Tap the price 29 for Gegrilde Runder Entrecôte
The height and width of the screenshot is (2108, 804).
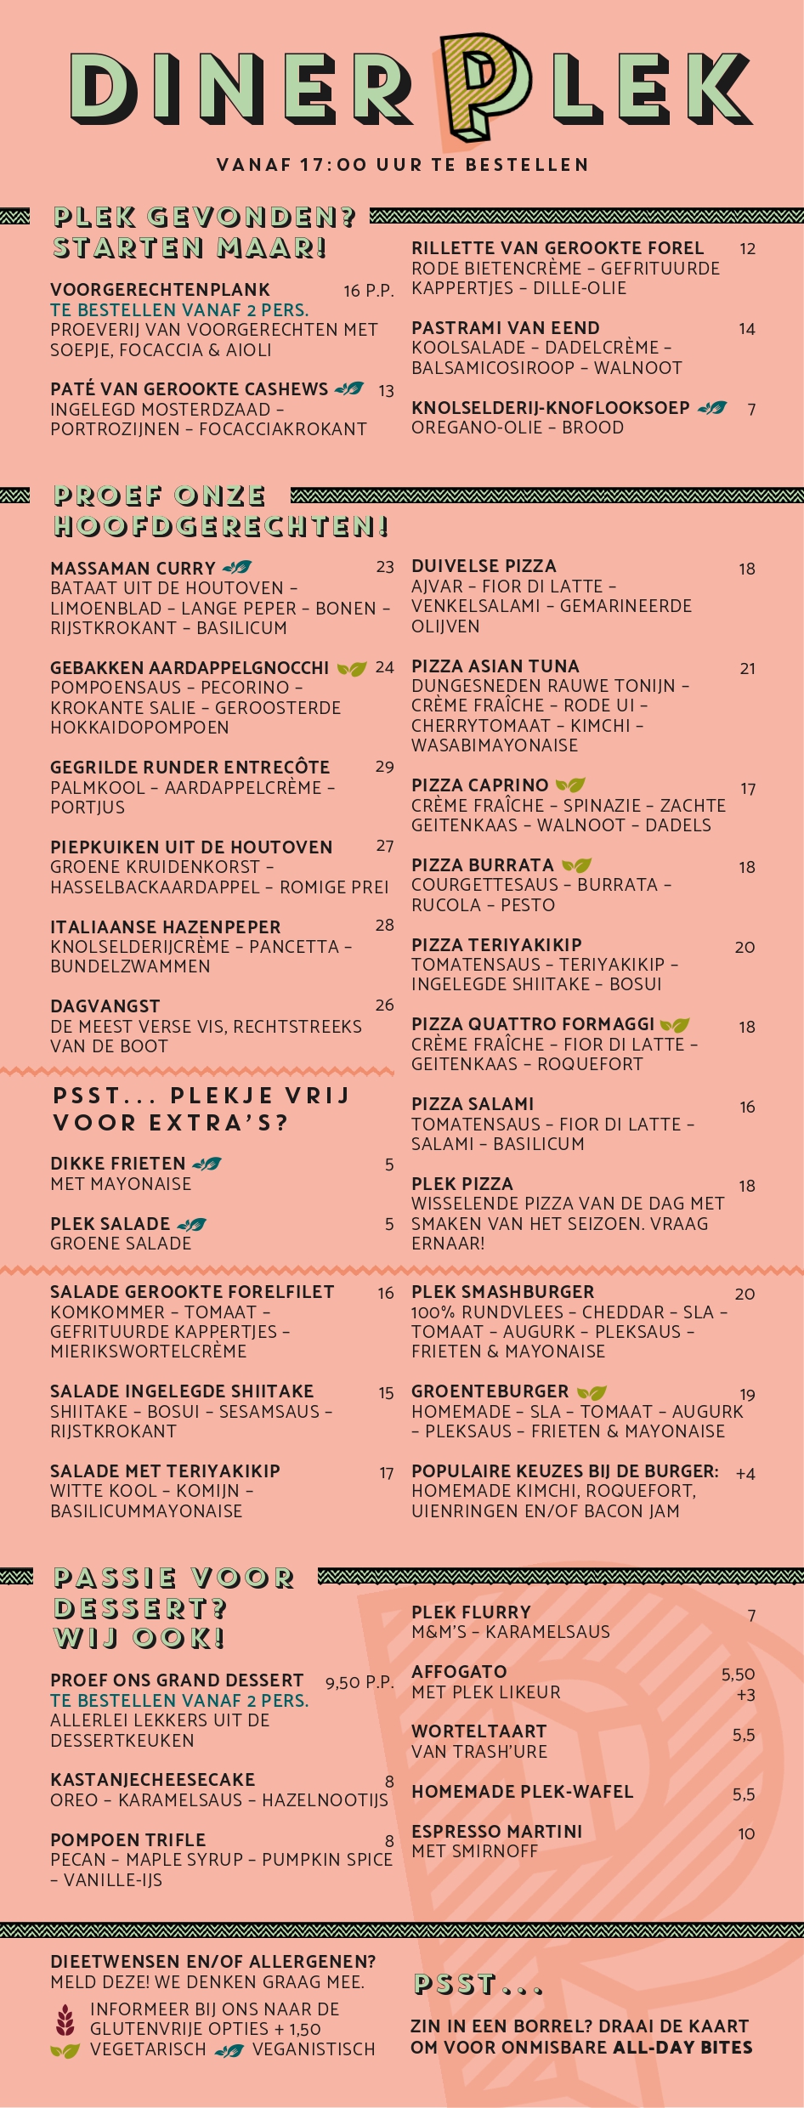[x=384, y=767]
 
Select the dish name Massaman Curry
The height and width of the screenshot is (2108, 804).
[x=133, y=568]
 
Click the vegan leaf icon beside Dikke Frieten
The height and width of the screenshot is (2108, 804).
[x=207, y=1164]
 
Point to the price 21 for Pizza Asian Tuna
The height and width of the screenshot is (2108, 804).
[x=747, y=669]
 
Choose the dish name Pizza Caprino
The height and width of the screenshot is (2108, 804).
[x=479, y=785]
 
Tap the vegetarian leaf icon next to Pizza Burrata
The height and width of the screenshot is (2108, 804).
[x=576, y=865]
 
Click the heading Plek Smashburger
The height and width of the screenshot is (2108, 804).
[x=502, y=1292]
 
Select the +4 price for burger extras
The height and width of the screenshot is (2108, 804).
[x=745, y=1474]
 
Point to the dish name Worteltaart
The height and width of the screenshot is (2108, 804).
[x=478, y=1731]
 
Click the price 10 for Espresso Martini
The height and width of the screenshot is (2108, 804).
[x=746, y=1833]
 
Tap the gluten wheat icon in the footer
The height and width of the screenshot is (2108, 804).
[x=65, y=2020]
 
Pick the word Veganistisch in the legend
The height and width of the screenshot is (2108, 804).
[x=314, y=2049]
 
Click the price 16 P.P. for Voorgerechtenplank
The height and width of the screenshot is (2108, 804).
[x=368, y=291]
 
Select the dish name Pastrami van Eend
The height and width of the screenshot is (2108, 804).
[x=505, y=328]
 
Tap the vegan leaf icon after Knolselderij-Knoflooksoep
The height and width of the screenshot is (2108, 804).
[x=711, y=408]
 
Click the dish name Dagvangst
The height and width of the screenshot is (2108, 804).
[x=105, y=1006]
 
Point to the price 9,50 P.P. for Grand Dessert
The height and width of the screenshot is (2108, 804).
[x=359, y=1682]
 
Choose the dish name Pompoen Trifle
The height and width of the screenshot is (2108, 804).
[x=127, y=1839]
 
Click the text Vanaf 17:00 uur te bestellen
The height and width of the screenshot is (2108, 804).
[x=402, y=165]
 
